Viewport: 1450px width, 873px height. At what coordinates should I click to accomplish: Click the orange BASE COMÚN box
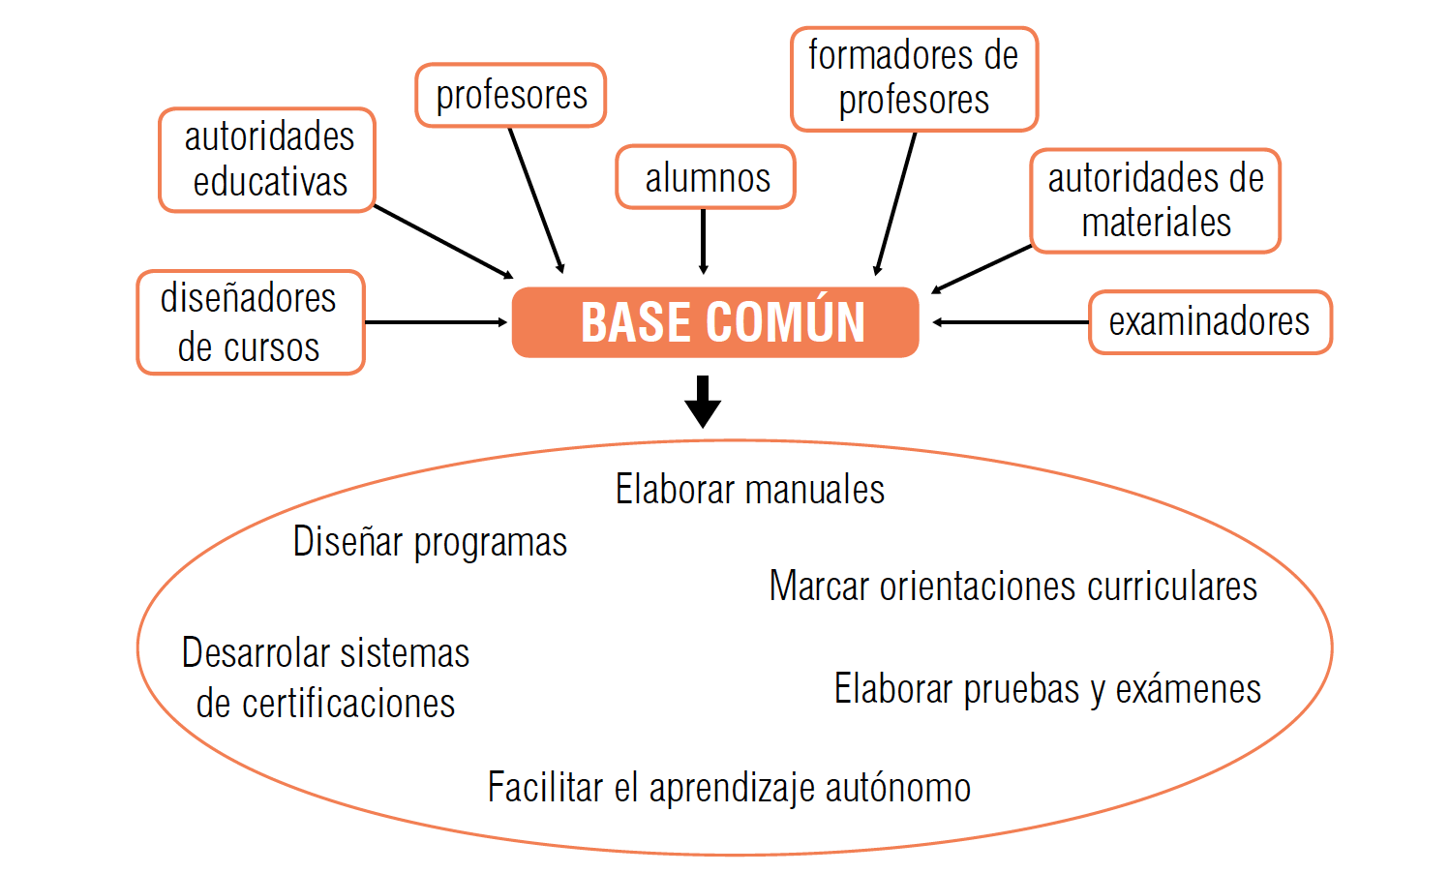715,322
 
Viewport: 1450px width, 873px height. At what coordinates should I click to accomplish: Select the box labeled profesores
511,95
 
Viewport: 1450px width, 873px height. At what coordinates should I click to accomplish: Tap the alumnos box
707,177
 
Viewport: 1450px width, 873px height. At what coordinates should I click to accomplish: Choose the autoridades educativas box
268,160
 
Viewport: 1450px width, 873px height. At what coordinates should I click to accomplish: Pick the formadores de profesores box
914,78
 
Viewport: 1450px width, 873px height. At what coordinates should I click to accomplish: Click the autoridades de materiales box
1155,200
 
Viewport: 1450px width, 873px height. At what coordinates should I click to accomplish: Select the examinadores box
1209,321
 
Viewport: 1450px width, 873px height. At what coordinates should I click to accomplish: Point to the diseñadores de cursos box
250,322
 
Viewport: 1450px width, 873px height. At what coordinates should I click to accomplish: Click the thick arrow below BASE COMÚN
703,401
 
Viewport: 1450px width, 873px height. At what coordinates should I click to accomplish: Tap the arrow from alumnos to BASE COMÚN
704,241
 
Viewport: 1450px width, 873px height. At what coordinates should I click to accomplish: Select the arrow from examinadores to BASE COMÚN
1011,322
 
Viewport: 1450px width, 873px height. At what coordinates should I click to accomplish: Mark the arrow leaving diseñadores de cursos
436,322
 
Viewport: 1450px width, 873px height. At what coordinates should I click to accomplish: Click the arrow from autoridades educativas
443,242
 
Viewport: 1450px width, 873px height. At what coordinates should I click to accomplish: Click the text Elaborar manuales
749,490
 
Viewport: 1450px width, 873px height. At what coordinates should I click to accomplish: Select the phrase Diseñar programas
430,542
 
